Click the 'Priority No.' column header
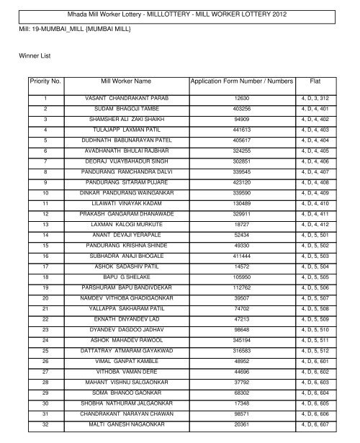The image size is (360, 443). tap(45, 82)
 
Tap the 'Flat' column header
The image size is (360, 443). tap(315, 82)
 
